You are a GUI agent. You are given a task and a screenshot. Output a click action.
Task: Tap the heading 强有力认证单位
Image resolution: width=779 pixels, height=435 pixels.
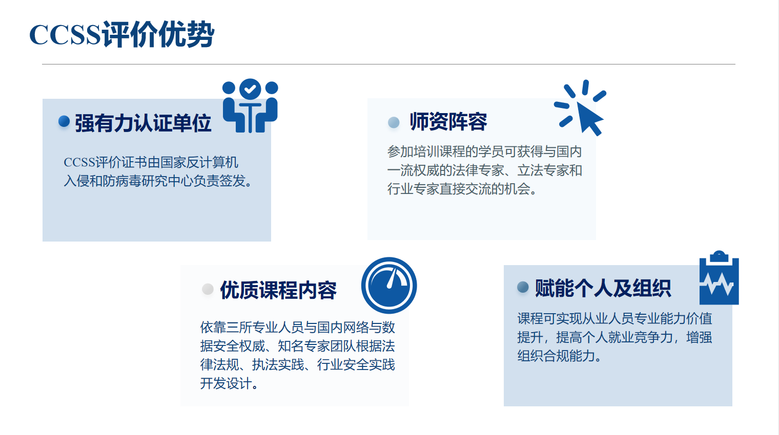click(143, 123)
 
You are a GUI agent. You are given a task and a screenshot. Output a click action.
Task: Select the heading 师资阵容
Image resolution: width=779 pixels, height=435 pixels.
click(448, 122)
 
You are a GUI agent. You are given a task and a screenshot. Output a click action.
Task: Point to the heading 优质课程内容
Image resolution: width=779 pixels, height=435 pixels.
click(278, 290)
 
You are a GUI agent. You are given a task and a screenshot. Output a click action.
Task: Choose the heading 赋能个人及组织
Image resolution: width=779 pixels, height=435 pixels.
click(603, 288)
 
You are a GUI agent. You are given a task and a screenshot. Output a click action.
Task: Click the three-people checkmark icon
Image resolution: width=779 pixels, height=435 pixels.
click(250, 106)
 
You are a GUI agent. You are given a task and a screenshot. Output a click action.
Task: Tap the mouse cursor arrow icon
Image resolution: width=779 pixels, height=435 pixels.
click(580, 107)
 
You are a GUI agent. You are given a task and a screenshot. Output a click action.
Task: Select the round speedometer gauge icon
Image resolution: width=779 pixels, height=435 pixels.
click(389, 286)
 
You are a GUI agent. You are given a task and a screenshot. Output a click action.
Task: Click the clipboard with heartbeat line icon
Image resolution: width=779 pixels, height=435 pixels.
click(719, 277)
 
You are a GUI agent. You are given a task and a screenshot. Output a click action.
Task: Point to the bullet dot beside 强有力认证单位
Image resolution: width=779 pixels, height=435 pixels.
click(64, 121)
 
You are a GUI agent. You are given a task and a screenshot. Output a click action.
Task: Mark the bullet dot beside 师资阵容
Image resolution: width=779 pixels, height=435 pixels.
click(394, 122)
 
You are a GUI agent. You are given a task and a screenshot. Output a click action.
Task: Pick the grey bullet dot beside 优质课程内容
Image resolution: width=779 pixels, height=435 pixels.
click(208, 289)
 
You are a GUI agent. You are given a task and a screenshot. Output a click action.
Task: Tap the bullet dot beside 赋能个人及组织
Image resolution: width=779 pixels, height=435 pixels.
click(523, 287)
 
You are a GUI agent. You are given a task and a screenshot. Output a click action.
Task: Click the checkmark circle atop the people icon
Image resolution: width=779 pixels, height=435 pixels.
click(250, 89)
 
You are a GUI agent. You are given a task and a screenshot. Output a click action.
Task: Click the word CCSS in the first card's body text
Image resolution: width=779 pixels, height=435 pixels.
click(79, 162)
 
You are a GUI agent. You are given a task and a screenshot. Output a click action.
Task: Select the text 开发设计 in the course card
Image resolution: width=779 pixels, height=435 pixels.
click(226, 384)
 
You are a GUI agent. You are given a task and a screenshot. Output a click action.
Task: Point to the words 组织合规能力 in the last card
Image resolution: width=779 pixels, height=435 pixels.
click(556, 356)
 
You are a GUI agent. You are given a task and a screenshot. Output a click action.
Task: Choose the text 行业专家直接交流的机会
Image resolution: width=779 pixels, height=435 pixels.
click(459, 189)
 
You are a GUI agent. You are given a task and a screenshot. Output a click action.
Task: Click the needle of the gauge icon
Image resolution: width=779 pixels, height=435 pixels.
click(392, 278)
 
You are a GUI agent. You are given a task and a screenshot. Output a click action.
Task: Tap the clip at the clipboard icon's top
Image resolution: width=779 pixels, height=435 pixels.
click(719, 256)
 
